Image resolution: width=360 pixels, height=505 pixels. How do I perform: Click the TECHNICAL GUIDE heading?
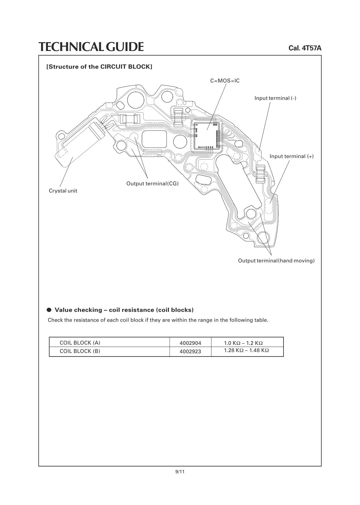click(91, 47)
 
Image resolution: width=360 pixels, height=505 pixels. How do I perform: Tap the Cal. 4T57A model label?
click(305, 48)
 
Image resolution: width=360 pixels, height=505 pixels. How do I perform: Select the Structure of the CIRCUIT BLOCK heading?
click(99, 67)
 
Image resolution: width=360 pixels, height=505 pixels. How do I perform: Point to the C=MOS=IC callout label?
click(225, 81)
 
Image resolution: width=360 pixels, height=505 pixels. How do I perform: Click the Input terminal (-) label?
click(275, 98)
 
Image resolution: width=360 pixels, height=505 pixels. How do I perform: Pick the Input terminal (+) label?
click(291, 156)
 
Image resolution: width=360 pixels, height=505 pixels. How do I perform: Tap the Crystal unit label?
click(63, 191)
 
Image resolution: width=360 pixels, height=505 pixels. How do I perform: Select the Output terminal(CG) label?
click(152, 184)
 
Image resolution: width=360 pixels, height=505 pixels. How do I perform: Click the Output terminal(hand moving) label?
click(276, 261)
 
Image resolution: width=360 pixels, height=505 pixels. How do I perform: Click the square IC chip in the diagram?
click(206, 136)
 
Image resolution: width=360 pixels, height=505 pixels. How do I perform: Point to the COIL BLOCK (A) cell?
click(80, 343)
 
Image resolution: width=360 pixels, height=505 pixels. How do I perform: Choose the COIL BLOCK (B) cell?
click(80, 351)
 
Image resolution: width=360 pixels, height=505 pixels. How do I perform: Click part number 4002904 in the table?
click(190, 343)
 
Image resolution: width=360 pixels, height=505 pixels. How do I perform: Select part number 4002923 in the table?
click(190, 351)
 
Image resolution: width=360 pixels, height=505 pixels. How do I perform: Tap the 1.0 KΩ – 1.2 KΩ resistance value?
click(243, 343)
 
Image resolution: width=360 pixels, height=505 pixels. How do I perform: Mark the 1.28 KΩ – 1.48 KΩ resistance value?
click(246, 350)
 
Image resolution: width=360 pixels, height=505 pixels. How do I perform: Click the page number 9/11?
click(180, 472)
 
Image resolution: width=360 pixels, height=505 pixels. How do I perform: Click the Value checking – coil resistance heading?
click(124, 310)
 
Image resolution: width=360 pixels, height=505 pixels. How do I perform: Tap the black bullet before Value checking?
click(49, 310)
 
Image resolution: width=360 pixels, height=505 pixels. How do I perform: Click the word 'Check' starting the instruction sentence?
click(55, 320)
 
